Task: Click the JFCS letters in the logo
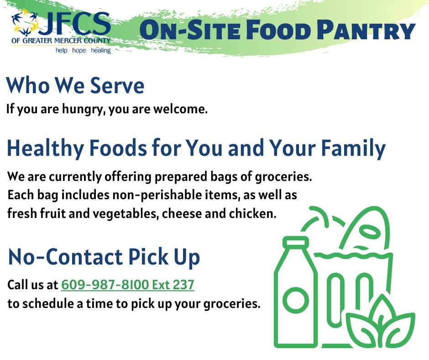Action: point(75,25)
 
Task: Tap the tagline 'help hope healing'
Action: point(83,51)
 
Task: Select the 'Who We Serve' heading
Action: point(75,86)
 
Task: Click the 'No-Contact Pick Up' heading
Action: point(104,258)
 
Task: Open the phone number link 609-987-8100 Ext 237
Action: point(128,285)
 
